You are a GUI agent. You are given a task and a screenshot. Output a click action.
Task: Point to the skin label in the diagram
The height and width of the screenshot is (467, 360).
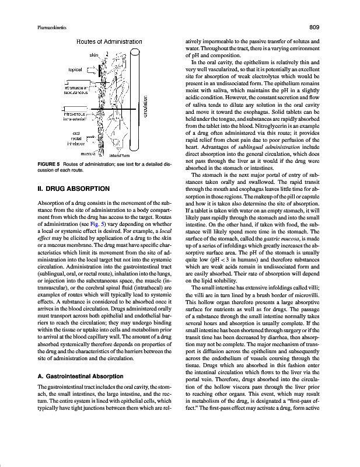94,55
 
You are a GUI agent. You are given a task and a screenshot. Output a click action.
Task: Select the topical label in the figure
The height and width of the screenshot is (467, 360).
74,69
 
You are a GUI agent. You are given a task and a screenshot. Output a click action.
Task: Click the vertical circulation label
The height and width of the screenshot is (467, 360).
144,106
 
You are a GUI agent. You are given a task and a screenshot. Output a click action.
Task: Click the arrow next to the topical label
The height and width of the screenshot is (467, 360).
90,69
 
